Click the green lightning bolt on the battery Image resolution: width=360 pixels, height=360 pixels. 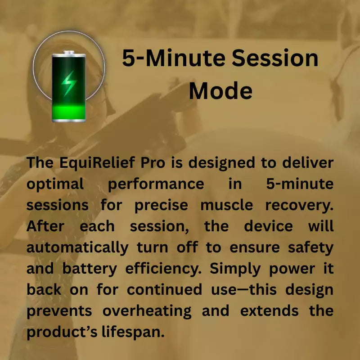tap(68, 83)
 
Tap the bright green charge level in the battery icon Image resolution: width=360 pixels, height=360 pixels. tap(68, 112)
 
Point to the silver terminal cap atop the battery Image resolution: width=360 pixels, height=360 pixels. tap(68, 53)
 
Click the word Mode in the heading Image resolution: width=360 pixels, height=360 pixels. tap(220, 91)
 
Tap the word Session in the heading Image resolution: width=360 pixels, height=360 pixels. tap(275, 58)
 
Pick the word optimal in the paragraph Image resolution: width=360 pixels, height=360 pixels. tap(55, 184)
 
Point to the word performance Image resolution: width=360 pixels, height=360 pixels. tap(156, 184)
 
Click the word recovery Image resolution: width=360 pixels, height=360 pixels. tap(299, 205)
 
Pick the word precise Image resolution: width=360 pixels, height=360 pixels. tap(161, 205)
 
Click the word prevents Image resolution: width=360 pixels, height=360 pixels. tap(58, 311)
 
